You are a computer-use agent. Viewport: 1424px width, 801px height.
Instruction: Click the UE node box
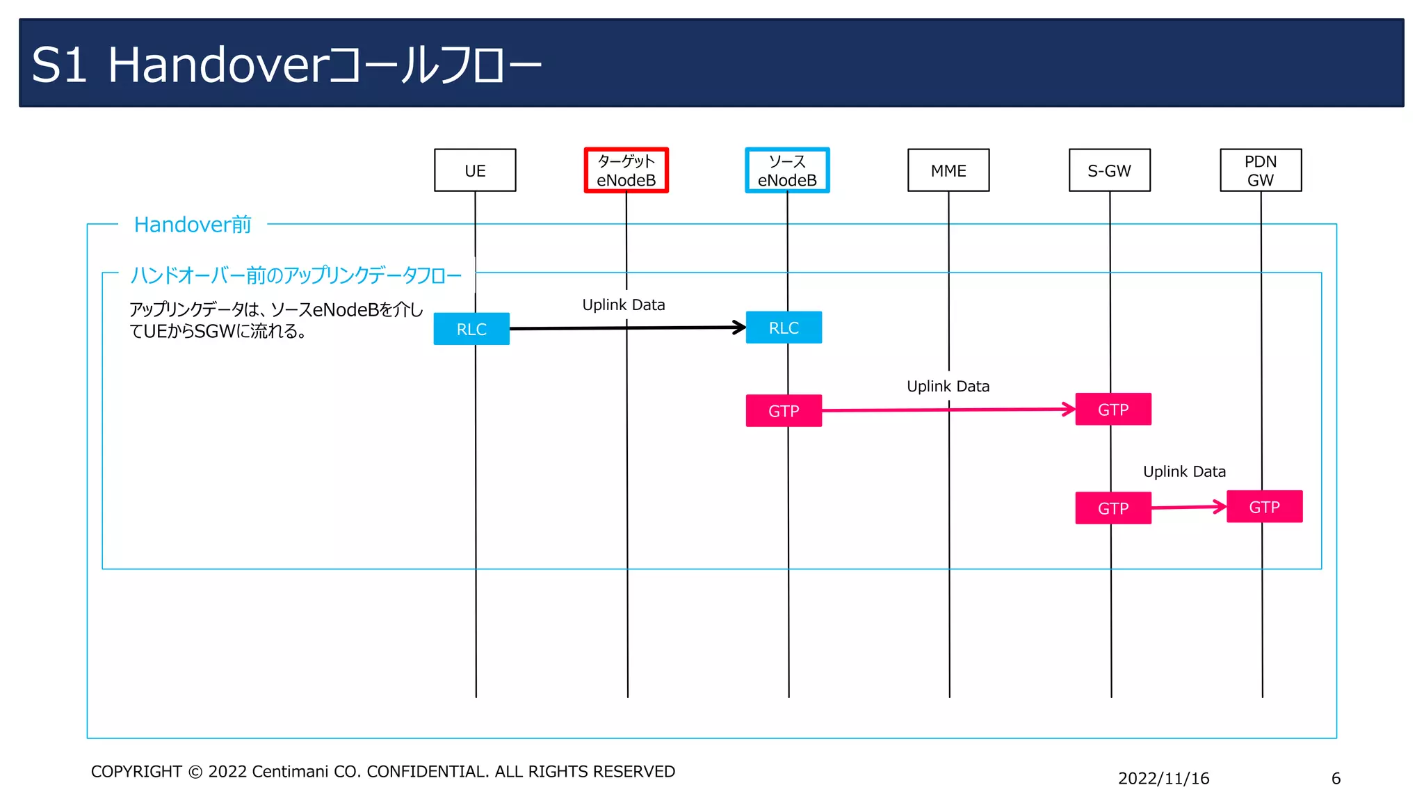click(x=475, y=170)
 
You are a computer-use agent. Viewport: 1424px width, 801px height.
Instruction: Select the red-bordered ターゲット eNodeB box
click(x=626, y=170)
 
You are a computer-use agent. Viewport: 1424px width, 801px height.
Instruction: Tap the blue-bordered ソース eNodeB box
click(x=787, y=170)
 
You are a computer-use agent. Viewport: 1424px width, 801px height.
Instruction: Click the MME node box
click(x=948, y=170)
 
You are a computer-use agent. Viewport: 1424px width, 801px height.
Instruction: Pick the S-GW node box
click(x=1109, y=170)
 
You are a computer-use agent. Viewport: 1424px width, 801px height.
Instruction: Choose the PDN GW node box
click(x=1261, y=170)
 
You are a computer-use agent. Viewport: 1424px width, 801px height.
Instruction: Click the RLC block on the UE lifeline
click(x=471, y=329)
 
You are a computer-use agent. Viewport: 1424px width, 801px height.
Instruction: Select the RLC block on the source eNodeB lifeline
click(x=784, y=327)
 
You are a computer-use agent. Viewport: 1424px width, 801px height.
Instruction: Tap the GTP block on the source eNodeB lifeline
click(x=784, y=411)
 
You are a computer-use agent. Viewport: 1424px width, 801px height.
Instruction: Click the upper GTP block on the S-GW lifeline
click(x=1112, y=410)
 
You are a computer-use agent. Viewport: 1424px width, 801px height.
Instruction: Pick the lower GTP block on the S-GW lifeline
click(x=1112, y=508)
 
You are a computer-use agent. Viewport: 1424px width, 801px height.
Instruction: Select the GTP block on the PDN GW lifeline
click(x=1264, y=507)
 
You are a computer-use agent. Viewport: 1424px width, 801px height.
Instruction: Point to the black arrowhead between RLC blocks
click(x=740, y=327)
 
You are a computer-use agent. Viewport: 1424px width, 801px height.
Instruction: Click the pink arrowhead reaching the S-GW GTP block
click(x=1069, y=410)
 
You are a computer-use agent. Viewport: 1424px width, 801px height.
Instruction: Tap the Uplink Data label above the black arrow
click(x=624, y=305)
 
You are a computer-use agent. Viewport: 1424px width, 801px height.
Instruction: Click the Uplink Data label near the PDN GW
click(x=1184, y=471)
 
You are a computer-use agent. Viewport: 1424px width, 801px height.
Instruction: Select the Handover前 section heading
click(x=193, y=225)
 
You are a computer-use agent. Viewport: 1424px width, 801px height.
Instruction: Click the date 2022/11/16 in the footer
click(x=1163, y=778)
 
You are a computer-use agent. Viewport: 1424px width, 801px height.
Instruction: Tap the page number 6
click(x=1336, y=778)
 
